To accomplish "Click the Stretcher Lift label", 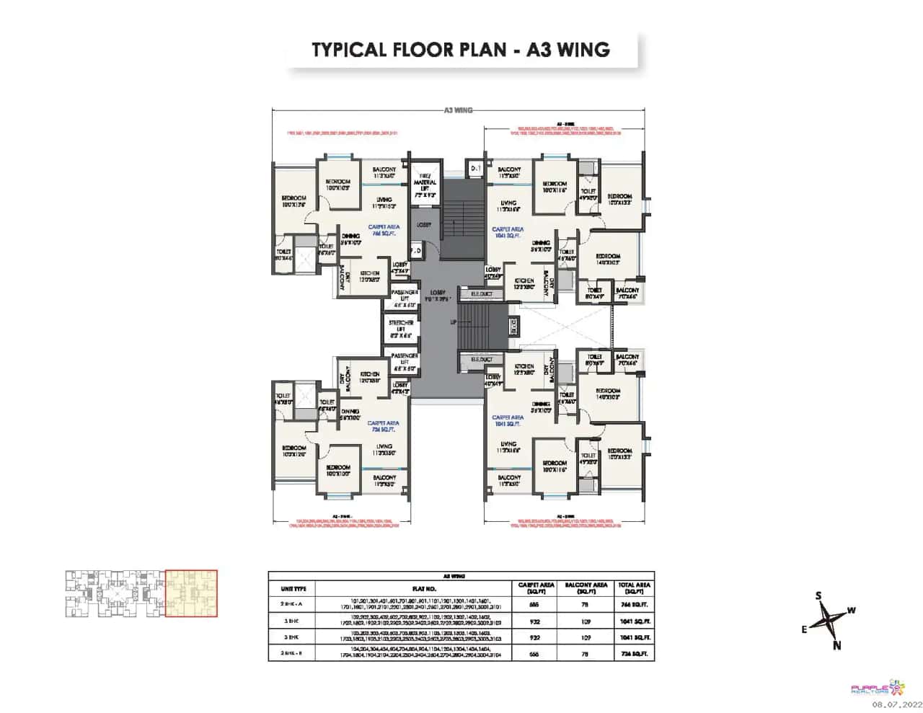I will click(400, 326).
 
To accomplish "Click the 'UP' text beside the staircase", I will click(454, 322).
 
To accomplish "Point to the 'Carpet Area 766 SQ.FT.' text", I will click(384, 230).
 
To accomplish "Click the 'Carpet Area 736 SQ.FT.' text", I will click(383, 426).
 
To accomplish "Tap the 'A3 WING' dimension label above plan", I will click(459, 110).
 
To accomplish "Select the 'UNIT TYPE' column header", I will click(293, 589).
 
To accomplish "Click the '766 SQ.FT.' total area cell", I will click(634, 605).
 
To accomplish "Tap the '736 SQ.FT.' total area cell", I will click(634, 654).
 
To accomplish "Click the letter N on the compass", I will click(836, 645).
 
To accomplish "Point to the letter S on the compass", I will click(818, 595).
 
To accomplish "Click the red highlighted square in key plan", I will click(191, 593).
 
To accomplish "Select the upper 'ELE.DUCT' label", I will click(482, 294).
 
